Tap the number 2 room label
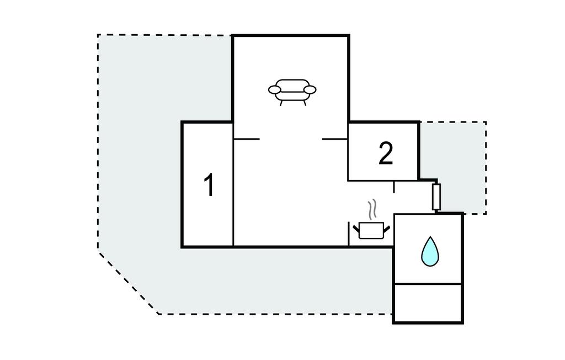point(386,153)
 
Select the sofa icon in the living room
point(292,91)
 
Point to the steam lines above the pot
point(373,209)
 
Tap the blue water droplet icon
point(429,251)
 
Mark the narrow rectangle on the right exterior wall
point(436,197)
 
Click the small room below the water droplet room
point(428,303)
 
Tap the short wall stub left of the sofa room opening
point(247,139)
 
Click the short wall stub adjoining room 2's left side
point(335,139)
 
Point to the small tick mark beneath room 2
point(394,187)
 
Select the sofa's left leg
point(281,102)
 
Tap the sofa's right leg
point(303,102)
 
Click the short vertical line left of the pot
point(349,234)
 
